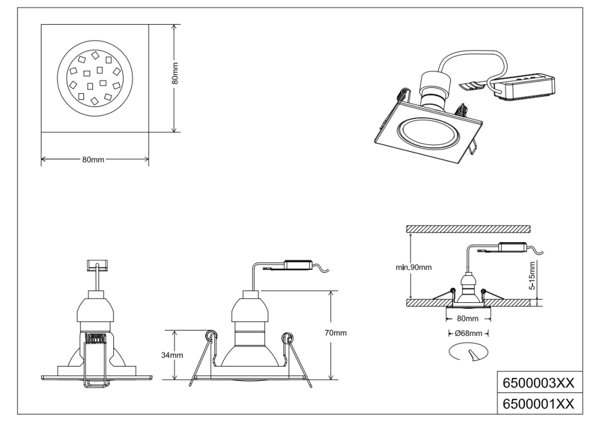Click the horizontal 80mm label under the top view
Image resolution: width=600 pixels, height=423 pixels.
pyautogui.click(x=94, y=160)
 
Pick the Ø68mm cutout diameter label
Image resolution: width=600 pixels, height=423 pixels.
pyautogui.click(x=469, y=332)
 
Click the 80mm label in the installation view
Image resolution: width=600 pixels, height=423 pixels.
pyautogui.click(x=469, y=318)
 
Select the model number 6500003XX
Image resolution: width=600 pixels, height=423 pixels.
pyautogui.click(x=538, y=382)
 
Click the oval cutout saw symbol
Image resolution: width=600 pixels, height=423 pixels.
pyautogui.click(x=469, y=353)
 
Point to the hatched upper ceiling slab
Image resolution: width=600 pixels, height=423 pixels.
pyautogui.click(x=468, y=229)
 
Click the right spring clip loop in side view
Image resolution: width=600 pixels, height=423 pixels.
pyautogui.click(x=287, y=338)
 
